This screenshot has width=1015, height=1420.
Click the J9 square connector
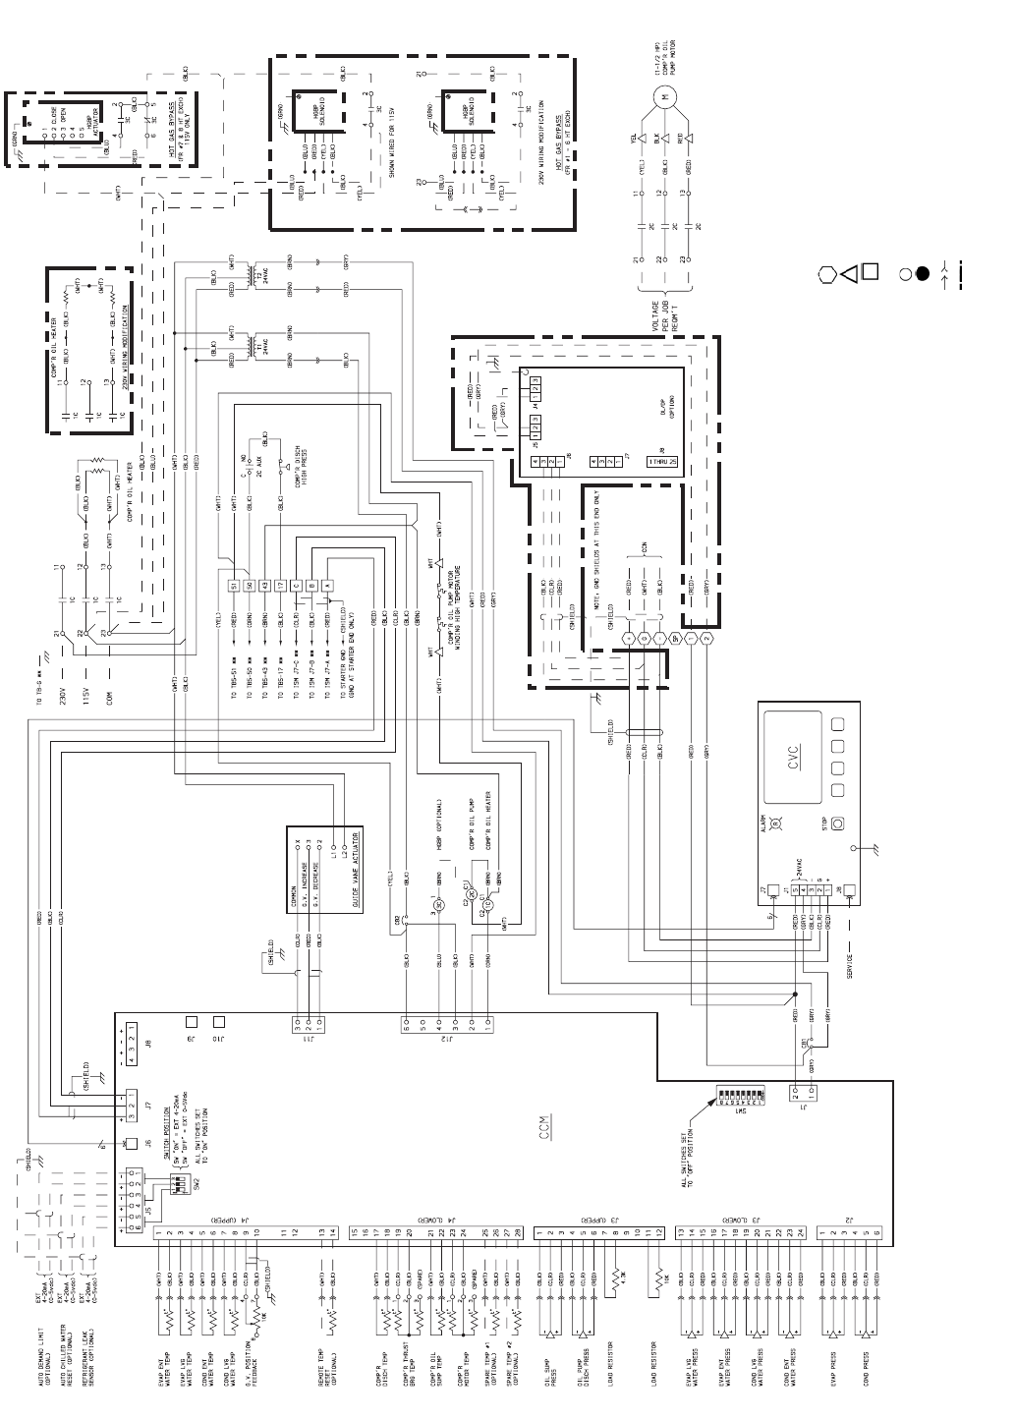point(193,1022)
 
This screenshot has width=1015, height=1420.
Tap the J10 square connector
point(219,1022)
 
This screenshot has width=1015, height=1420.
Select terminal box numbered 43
point(265,586)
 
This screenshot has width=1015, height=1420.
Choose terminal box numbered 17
point(281,586)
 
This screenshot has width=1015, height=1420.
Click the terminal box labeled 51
point(234,586)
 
